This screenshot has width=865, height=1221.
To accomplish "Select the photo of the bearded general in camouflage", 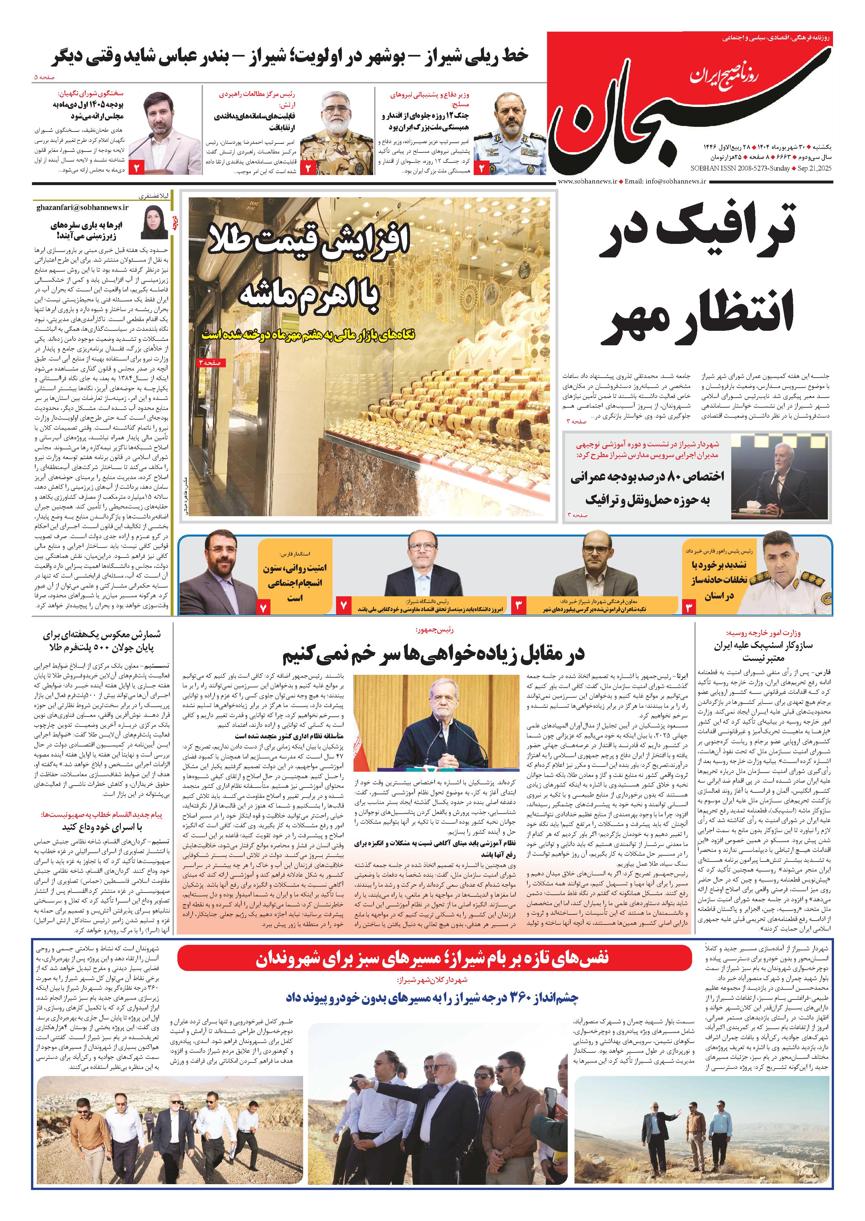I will (x=337, y=133).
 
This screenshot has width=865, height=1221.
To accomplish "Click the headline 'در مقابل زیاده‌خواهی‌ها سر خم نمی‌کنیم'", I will (x=433, y=654).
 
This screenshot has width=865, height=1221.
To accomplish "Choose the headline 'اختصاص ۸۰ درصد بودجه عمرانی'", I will (x=647, y=476).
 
